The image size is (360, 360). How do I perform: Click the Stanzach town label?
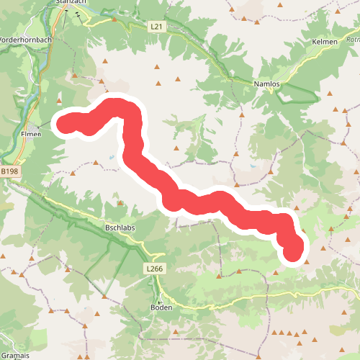pyautogui.click(x=70, y=3)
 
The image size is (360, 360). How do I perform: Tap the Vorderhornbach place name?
pyautogui.click(x=25, y=40)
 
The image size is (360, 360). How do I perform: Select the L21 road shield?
pyautogui.click(x=156, y=27)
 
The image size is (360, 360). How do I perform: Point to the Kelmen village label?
pyautogui.click(x=325, y=42)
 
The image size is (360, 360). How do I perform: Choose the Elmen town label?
pyautogui.click(x=34, y=134)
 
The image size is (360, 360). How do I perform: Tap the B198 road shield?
pyautogui.click(x=9, y=172)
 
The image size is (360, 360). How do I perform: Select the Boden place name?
pyautogui.click(x=161, y=307)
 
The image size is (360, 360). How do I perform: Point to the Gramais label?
pyautogui.click(x=14, y=356)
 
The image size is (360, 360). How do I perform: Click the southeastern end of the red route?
pyautogui.click(x=293, y=253)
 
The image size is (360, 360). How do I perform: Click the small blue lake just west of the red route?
pyautogui.click(x=111, y=157)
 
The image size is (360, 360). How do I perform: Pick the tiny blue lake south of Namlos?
pyautogui.click(x=253, y=166)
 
